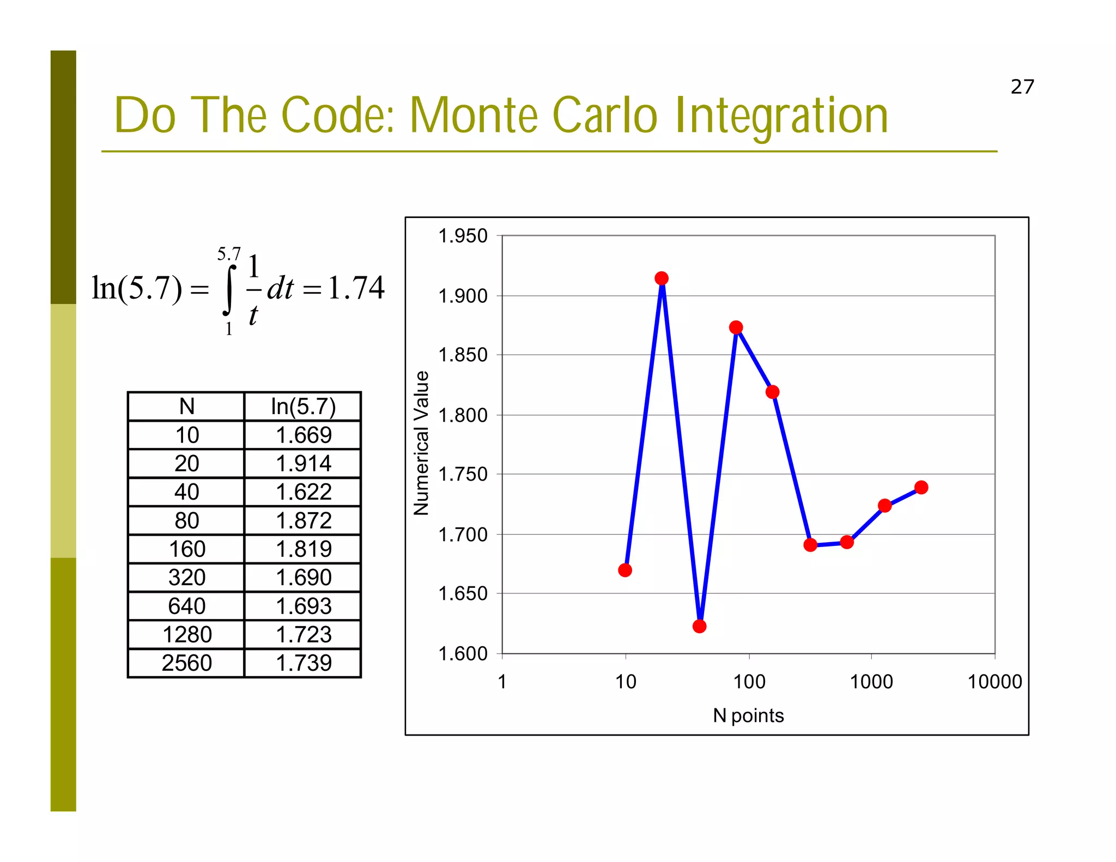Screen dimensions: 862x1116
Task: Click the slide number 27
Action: [1022, 87]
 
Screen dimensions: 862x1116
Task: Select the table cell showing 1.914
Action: [304, 464]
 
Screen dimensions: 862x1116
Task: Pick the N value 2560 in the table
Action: [186, 663]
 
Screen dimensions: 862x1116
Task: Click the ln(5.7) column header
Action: [304, 406]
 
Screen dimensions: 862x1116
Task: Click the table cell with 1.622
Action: [304, 492]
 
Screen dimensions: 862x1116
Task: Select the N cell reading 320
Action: [186, 578]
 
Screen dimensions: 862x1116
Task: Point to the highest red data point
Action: [662, 278]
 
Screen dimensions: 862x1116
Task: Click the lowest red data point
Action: [699, 626]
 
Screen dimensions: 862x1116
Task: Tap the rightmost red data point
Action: [921, 487]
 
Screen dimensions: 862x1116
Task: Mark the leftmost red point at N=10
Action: [625, 570]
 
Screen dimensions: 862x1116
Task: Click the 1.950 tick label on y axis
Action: [463, 236]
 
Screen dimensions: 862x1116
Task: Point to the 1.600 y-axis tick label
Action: [463, 653]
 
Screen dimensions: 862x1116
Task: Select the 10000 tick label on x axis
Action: [994, 682]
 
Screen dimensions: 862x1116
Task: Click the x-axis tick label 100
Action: [749, 682]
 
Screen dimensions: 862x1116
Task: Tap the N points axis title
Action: [748, 715]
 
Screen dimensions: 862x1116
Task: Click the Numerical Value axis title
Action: [421, 443]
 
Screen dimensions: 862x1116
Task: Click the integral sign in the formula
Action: [229, 290]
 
